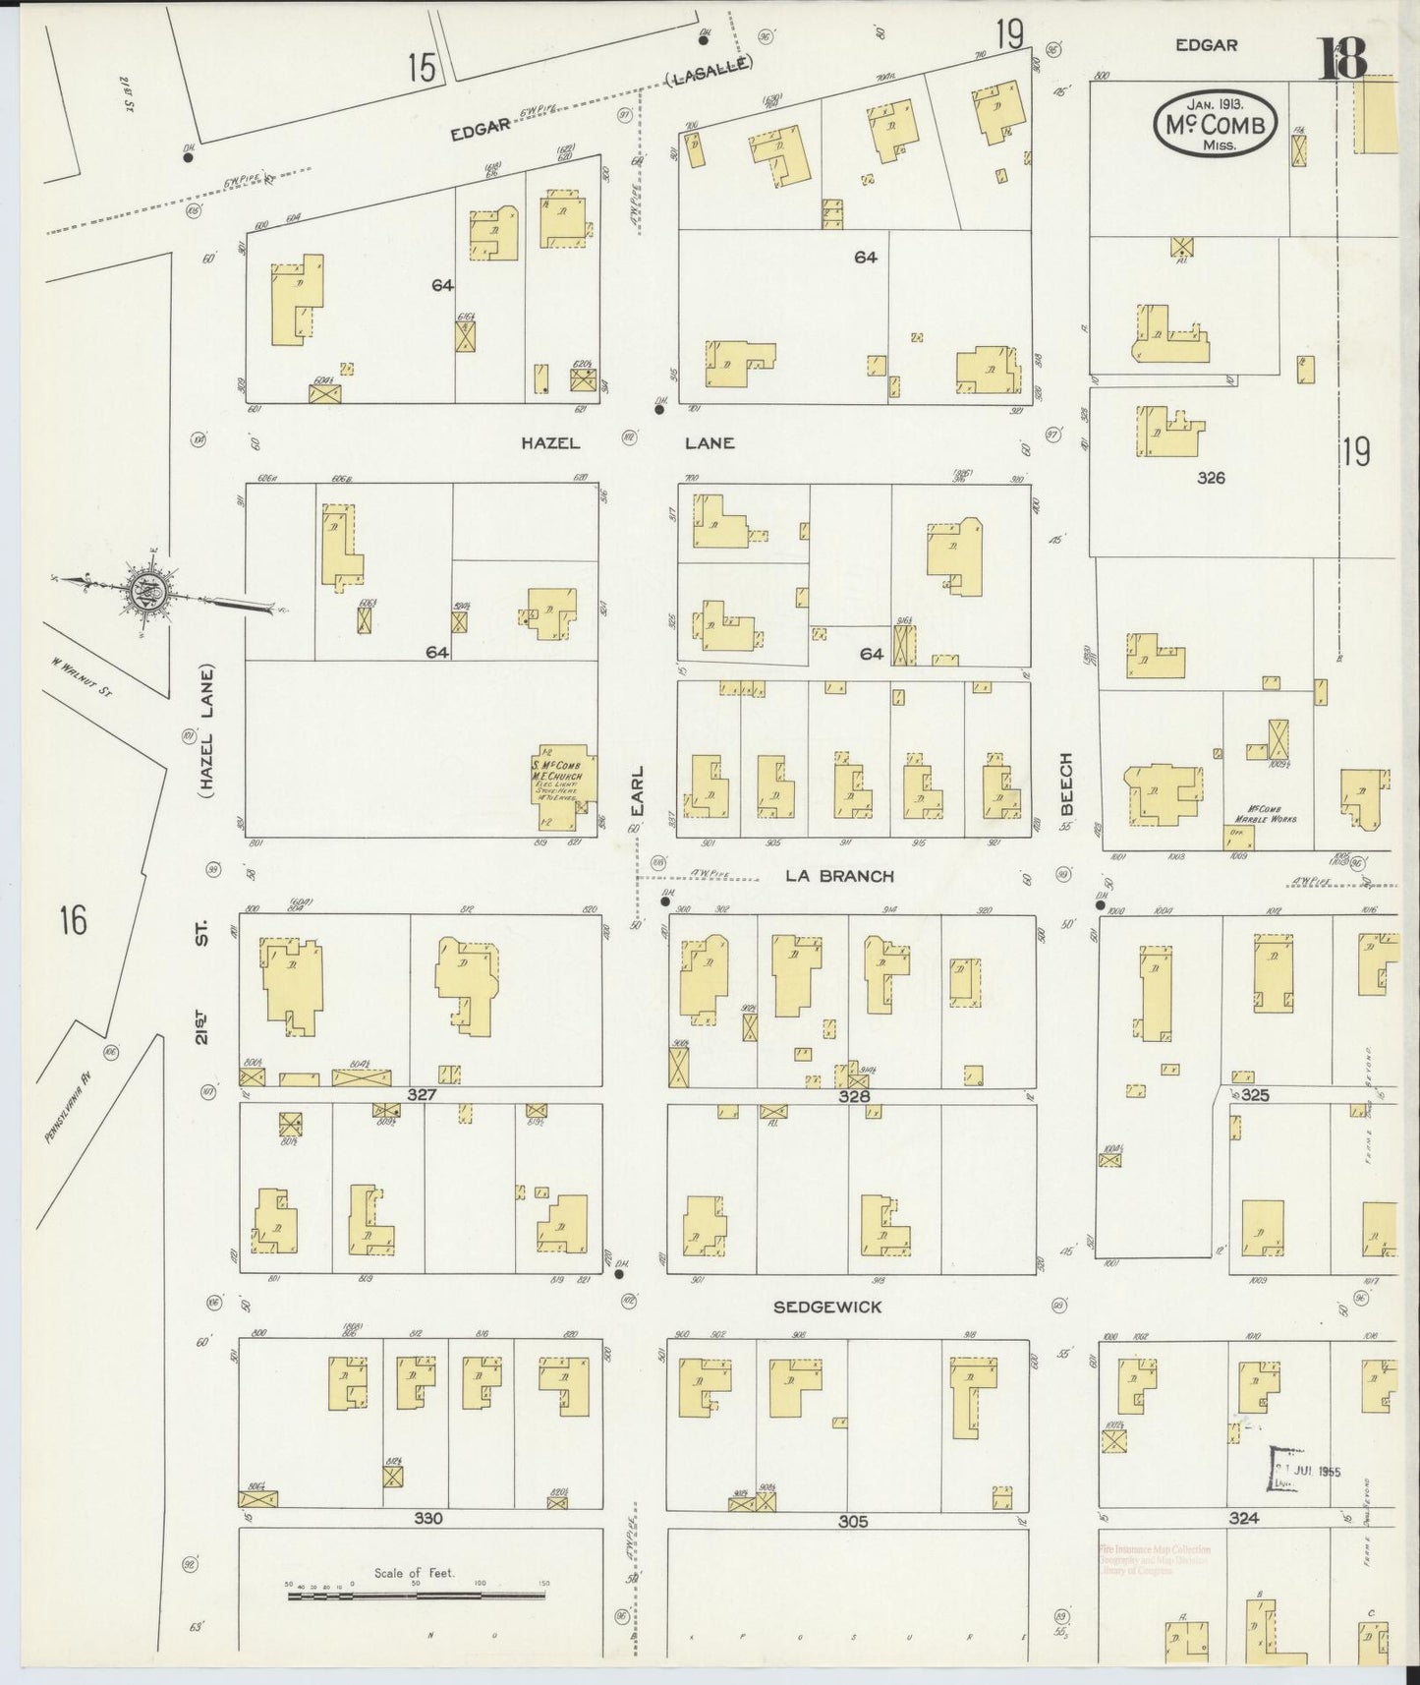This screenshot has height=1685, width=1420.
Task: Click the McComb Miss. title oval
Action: pos(1216,124)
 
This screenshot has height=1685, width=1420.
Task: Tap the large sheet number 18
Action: pos(1343,59)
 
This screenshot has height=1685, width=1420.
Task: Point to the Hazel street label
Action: pos(550,443)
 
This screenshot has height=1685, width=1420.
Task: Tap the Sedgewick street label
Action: pos(827,1307)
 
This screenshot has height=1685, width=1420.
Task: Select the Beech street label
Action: pos(1066,784)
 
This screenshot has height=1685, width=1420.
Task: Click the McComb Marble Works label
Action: pos(1266,813)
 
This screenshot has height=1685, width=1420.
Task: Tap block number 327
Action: pos(423,1094)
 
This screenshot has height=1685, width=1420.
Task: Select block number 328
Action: pos(853,1095)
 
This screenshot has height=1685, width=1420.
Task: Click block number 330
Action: pos(427,1518)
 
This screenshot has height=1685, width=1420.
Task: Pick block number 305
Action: pos(853,1521)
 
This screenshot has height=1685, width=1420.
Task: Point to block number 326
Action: pos(1211,478)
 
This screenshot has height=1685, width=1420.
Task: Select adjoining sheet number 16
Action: pos(73,921)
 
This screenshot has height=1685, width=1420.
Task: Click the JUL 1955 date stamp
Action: pos(1307,1472)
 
